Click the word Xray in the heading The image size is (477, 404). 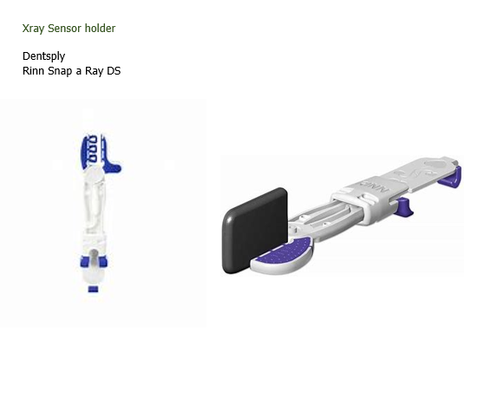click(x=33, y=29)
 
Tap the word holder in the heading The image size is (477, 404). click(x=100, y=28)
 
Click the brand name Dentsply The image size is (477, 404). click(x=44, y=56)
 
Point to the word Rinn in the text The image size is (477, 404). click(x=33, y=70)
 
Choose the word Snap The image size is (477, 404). click(x=60, y=71)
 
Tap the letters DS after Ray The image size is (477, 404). click(x=114, y=70)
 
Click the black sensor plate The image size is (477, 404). click(x=255, y=230)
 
